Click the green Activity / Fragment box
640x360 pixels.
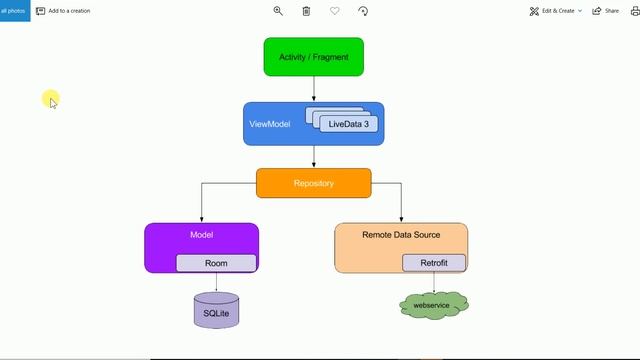coord(313,57)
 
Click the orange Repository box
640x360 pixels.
coord(313,183)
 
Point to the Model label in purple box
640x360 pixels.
coord(201,235)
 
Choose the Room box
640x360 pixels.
coord(216,263)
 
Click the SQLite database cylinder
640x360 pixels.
coord(216,311)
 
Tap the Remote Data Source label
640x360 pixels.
coord(400,235)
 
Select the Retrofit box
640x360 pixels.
coord(434,263)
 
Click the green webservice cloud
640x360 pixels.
coord(434,304)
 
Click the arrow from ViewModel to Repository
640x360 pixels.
coord(314,157)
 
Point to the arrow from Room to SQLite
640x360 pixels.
coord(216,282)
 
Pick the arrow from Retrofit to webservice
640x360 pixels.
coord(434,282)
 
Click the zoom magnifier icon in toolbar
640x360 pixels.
coord(278,11)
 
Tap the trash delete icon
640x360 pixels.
coord(306,11)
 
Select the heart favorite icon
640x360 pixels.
coord(334,11)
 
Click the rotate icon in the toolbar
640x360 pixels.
coord(362,11)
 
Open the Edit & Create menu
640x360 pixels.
coord(555,11)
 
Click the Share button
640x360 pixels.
coord(606,11)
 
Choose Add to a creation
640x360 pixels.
coord(63,11)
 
